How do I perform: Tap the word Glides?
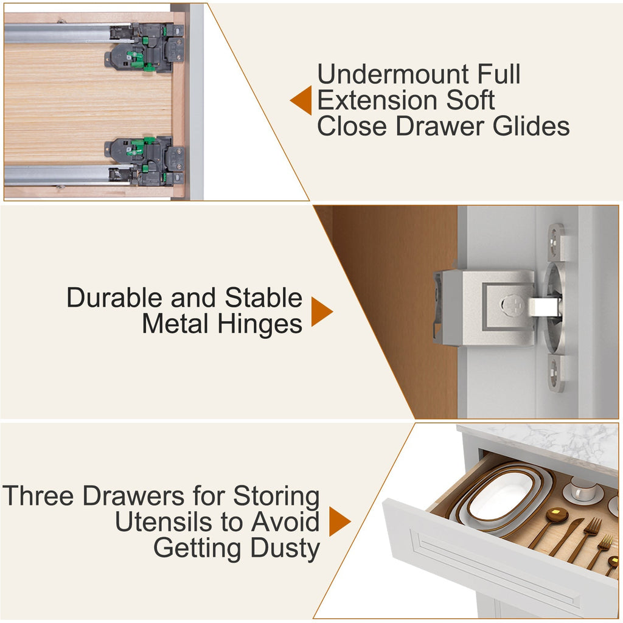[531, 127]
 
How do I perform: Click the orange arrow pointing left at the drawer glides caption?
[301, 100]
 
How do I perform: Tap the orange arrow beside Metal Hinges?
[322, 311]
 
